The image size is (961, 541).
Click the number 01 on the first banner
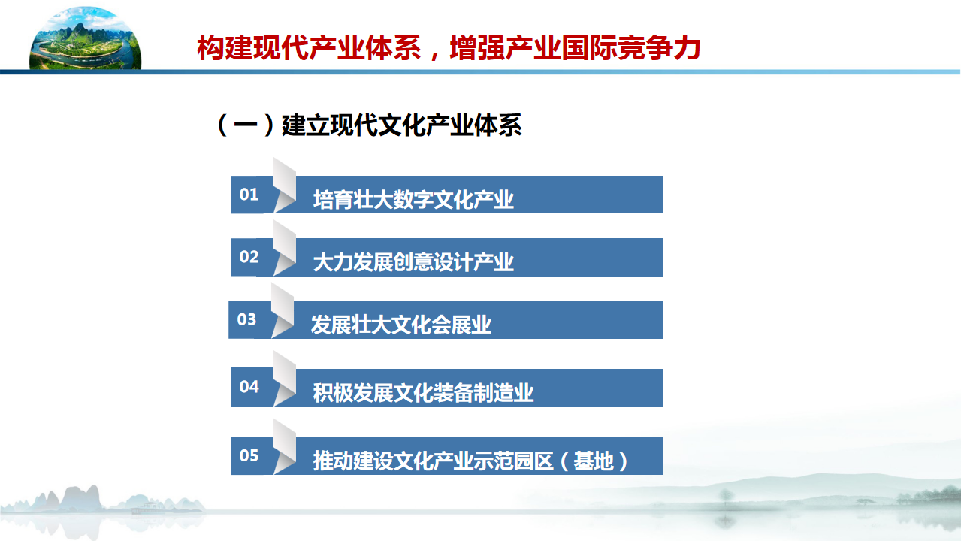(249, 195)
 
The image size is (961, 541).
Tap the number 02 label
(249, 257)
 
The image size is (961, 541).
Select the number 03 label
(246, 319)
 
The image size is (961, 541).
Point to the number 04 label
(249, 387)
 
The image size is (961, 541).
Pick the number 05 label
(249, 455)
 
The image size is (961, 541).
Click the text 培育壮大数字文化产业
(413, 200)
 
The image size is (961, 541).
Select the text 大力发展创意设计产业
(413, 262)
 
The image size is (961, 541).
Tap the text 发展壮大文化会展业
(400, 325)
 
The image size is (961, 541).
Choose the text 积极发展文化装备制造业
(423, 393)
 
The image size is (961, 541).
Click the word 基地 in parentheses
(594, 461)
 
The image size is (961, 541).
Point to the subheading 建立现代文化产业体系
(401, 125)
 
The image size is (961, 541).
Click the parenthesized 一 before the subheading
(246, 125)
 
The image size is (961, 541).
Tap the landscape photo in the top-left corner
(86, 38)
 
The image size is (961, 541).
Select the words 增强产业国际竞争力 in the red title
(575, 47)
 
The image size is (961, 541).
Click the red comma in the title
(435, 55)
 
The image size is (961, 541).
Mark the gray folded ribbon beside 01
(285, 186)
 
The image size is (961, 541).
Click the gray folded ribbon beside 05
(285, 446)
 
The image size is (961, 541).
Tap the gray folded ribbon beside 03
(283, 310)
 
